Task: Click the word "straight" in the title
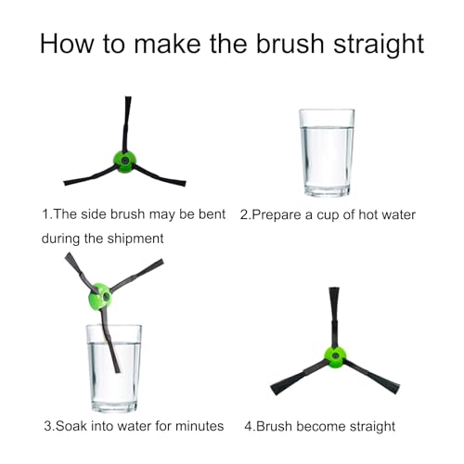(366, 43)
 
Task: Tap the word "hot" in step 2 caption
(351, 214)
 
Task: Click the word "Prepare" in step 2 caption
(278, 214)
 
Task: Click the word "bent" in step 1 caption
(208, 214)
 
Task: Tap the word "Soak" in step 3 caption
(75, 426)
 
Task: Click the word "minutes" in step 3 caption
(196, 426)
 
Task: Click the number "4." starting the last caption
(250, 426)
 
